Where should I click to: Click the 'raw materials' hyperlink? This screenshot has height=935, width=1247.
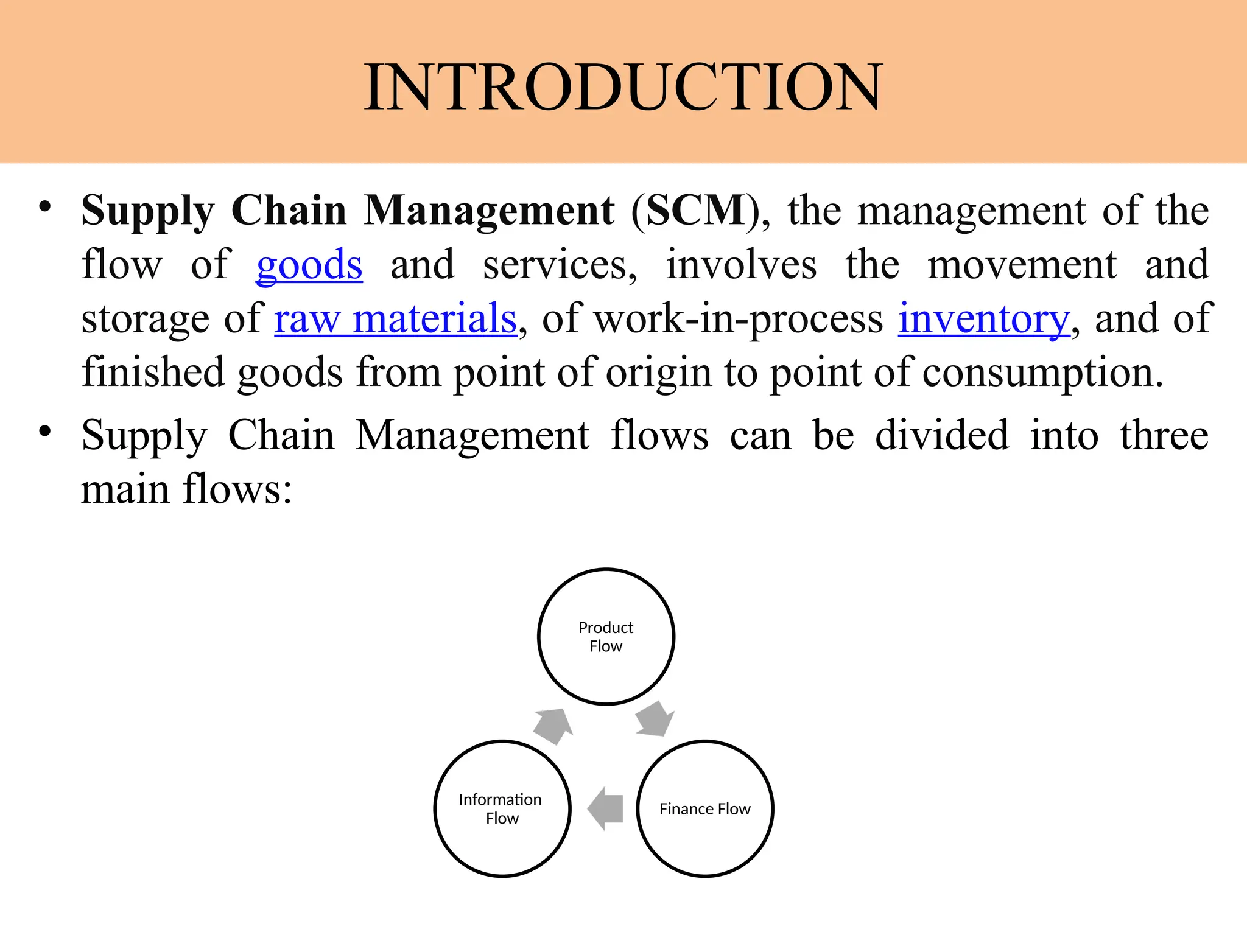395,318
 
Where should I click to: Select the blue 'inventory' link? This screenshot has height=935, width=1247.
983,318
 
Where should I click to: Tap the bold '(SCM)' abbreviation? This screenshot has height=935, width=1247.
695,211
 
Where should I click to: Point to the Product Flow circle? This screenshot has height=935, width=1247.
606,637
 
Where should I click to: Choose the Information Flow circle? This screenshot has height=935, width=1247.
502,808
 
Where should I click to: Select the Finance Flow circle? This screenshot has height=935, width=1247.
704,808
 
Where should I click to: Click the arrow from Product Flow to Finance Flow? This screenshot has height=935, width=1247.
655,720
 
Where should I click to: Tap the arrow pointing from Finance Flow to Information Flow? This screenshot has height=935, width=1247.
605,808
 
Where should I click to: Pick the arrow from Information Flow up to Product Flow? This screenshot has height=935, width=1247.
553,726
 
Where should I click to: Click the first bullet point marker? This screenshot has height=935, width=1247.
44,207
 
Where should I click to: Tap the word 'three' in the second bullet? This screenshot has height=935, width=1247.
1164,436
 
